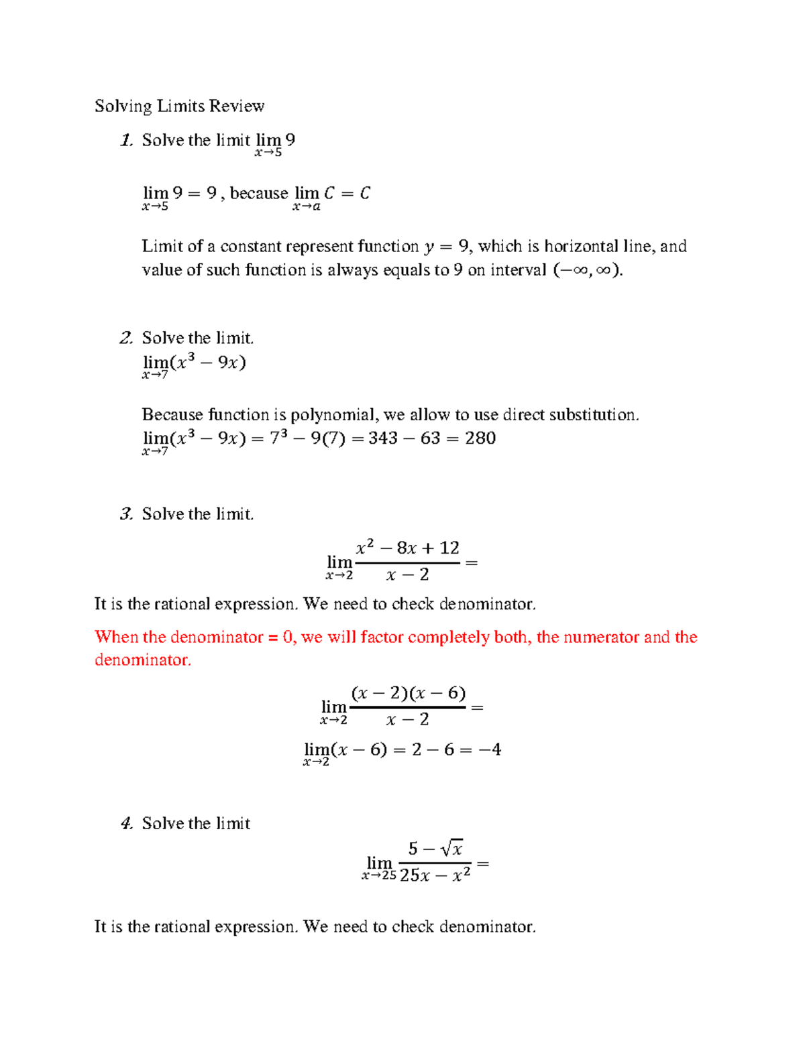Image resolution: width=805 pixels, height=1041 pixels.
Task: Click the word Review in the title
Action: [x=237, y=106]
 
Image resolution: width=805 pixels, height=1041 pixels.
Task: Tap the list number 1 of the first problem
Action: [x=126, y=140]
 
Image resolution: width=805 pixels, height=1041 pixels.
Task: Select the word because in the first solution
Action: [x=259, y=193]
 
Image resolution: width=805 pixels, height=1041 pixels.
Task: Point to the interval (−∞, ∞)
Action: [x=587, y=269]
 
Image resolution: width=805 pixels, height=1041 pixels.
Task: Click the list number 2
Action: [x=126, y=338]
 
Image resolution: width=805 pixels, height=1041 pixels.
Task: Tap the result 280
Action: [x=480, y=438]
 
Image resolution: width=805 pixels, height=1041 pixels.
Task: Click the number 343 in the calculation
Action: [x=383, y=438]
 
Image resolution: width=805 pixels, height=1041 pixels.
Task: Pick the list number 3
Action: [x=126, y=514]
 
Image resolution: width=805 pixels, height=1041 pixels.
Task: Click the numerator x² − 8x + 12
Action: [x=407, y=548]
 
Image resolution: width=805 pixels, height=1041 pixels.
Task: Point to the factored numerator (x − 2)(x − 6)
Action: [x=408, y=693]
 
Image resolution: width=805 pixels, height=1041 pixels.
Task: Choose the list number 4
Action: [x=126, y=823]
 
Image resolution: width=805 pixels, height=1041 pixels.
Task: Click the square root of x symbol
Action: [x=452, y=849]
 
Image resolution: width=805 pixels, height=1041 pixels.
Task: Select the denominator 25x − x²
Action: [x=435, y=875]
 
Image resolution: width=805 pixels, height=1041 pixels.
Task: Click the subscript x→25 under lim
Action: [x=379, y=876]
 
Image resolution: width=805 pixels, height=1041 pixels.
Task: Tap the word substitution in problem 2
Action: [x=593, y=415]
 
